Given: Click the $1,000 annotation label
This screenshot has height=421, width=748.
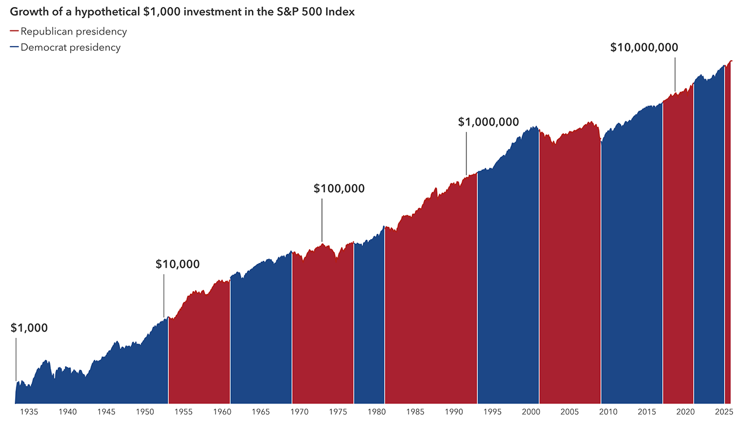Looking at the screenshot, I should (x=29, y=328).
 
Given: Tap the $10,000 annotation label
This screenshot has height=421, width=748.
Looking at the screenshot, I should (x=177, y=264).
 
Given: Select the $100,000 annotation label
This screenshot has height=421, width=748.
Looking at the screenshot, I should (x=339, y=188).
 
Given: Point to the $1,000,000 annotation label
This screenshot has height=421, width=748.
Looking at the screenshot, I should (x=488, y=122).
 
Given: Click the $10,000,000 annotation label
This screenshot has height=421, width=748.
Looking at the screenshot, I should (x=644, y=47).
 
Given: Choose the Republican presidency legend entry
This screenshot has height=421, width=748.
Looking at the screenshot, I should (x=73, y=32).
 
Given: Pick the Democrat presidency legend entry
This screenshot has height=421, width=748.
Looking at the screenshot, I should (x=70, y=47).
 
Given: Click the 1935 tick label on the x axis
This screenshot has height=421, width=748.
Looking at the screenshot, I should (x=29, y=412).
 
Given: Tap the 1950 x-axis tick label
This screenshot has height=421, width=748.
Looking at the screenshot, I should (x=145, y=412).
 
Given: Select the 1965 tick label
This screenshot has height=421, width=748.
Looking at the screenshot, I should (x=261, y=412).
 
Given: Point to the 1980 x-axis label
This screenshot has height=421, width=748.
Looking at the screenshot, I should (x=376, y=412).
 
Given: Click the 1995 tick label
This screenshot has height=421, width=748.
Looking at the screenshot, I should (x=492, y=412).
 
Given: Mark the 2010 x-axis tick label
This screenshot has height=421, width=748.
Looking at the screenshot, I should (x=608, y=412).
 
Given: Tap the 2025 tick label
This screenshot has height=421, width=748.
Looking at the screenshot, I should (x=723, y=412).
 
